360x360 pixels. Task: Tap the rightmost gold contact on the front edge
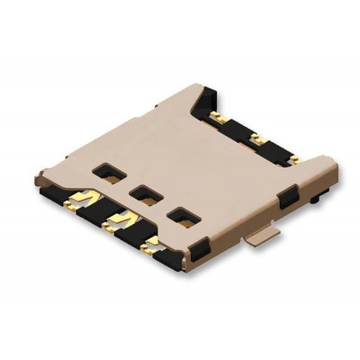click(x=151, y=242)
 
